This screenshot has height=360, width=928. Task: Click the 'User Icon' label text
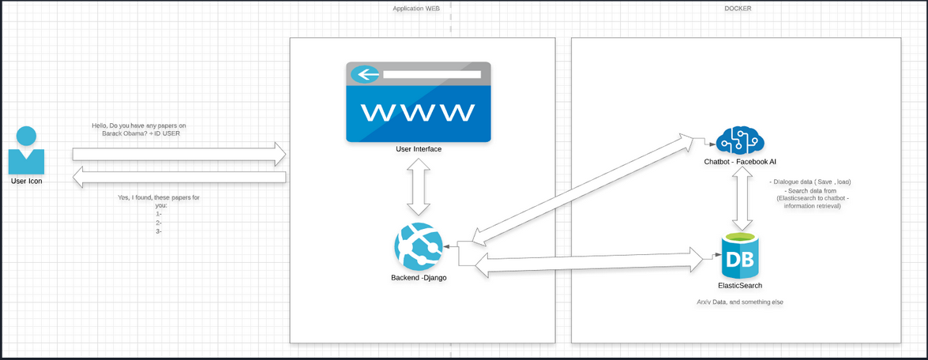(26, 181)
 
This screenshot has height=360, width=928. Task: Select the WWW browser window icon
(418, 102)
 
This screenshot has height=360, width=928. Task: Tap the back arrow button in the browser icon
(364, 75)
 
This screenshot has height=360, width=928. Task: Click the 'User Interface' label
(418, 149)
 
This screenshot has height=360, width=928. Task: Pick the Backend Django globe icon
(418, 246)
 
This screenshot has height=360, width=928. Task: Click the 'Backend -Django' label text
(419, 278)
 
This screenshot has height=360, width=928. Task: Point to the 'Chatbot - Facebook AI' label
(740, 162)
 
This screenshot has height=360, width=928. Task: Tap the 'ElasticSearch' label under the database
(739, 286)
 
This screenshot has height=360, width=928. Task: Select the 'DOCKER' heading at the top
(738, 9)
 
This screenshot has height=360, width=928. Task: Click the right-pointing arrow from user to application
(178, 154)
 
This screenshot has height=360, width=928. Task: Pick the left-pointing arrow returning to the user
(178, 178)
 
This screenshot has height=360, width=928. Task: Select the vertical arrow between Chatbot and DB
(739, 201)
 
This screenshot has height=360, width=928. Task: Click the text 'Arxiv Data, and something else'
(735, 302)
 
